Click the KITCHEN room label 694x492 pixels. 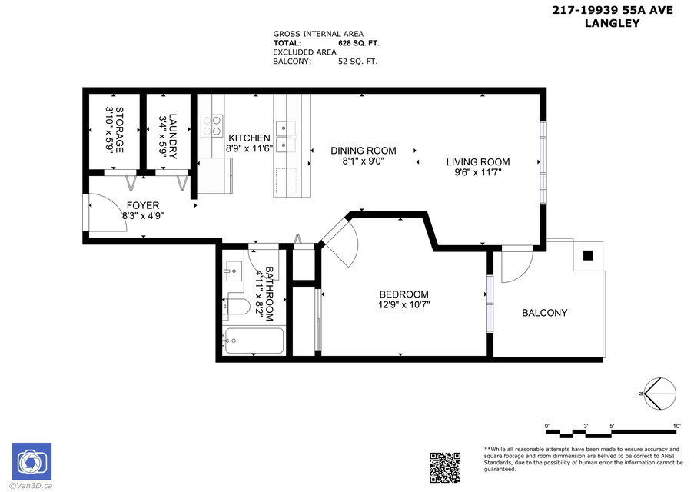pos(249,138)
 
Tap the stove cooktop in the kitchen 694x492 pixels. pos(212,125)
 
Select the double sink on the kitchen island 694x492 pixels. pos(286,136)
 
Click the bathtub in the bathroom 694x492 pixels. pos(254,341)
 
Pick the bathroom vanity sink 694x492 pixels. pos(233,271)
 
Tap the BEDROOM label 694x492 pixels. pos(403,294)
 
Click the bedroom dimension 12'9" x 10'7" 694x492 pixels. pos(404,304)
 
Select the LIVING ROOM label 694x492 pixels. pos(478,162)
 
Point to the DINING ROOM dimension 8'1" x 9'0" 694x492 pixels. pos(363,161)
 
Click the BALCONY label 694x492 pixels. pos(544,313)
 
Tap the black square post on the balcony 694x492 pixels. pos(588,255)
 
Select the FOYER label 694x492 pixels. pos(142,205)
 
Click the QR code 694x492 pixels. pos(445,467)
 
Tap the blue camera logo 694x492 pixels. pos(32,461)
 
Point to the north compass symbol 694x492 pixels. pos(660,394)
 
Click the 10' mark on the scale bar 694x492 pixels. pos(677,426)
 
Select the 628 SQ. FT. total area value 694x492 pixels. pos(358,43)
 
